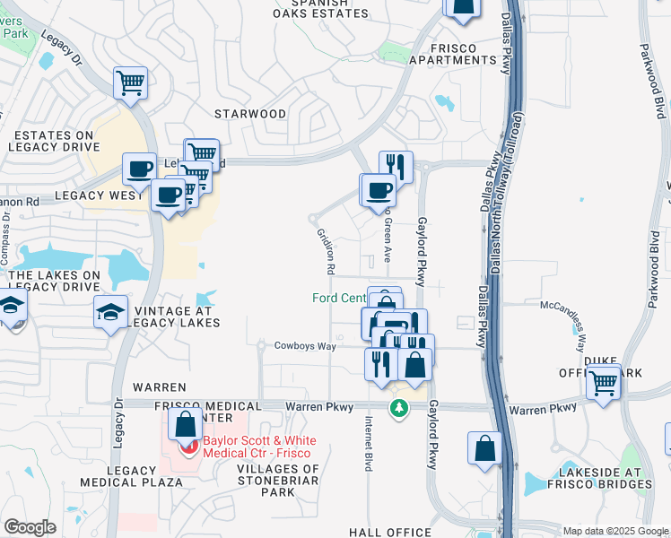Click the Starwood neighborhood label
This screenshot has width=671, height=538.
250,114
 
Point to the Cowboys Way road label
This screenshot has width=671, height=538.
305,346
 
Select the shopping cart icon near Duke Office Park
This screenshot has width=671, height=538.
604,382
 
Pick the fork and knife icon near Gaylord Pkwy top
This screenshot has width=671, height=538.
396,166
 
